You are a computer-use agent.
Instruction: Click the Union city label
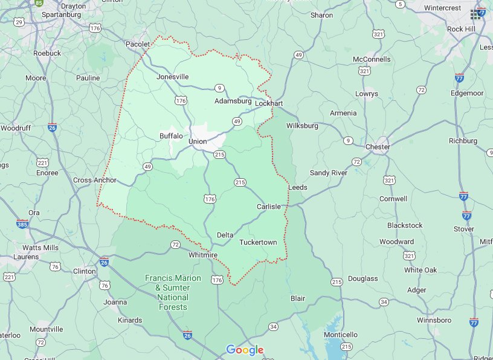point(197,141)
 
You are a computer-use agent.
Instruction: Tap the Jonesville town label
point(172,77)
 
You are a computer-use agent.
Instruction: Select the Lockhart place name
point(269,103)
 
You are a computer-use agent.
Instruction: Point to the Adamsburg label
point(233,101)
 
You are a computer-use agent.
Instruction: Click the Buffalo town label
point(171,136)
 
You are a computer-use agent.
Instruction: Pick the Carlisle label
point(269,207)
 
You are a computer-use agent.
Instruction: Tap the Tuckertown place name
point(258,242)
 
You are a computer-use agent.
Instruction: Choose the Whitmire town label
point(203,256)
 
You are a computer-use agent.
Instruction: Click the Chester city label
point(378,147)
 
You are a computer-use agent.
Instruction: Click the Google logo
point(245,350)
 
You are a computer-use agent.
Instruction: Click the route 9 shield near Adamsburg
point(219,88)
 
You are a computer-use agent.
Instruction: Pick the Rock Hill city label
point(462,28)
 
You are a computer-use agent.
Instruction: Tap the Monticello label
point(341,335)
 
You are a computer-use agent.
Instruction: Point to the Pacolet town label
point(137,45)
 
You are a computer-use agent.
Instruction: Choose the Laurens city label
point(26,257)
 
